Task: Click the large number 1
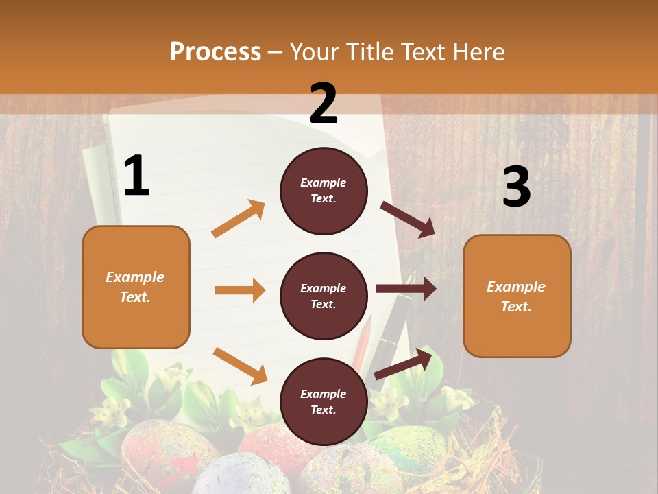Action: [x=136, y=176]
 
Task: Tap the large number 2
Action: [x=324, y=104]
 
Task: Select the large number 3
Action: [x=516, y=187]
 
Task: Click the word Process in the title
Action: [x=215, y=51]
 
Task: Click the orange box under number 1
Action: [x=136, y=287]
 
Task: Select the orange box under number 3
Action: [x=517, y=296]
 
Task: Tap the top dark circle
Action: [x=324, y=190]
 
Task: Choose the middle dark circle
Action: [x=324, y=296]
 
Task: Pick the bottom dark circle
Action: [x=324, y=401]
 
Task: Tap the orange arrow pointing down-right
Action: [x=240, y=365]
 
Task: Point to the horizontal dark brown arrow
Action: [x=405, y=289]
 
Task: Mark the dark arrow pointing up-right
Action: [x=404, y=363]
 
